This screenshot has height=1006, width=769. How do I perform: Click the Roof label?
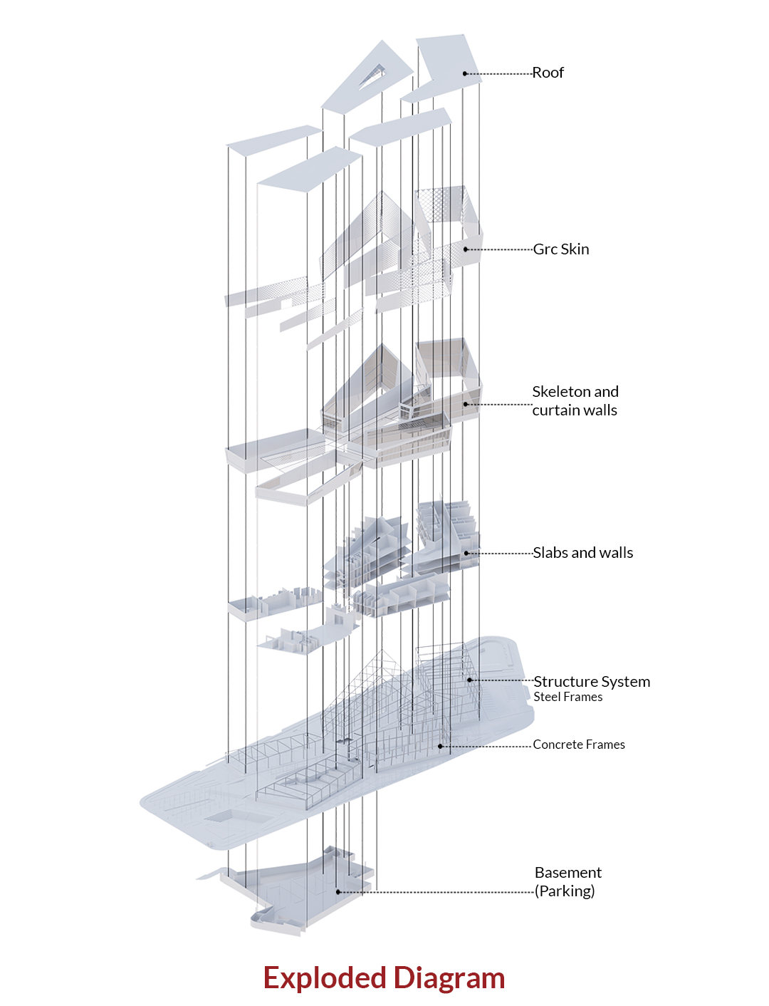coord(548,73)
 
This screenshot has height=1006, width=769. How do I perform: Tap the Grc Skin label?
coord(561,249)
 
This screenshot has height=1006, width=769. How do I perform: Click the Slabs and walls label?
coord(583,553)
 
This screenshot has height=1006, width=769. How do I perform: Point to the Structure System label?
coord(592,682)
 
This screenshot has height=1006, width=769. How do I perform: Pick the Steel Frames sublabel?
coord(568,697)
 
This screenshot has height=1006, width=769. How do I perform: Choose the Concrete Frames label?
coord(579,745)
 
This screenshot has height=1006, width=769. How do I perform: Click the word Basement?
coord(568,872)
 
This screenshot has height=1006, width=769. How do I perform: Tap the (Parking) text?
coord(565,891)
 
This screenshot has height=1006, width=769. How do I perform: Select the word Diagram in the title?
coord(449,978)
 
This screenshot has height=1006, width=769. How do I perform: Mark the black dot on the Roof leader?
coord(464,73)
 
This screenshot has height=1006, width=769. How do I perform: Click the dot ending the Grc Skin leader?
coord(466,249)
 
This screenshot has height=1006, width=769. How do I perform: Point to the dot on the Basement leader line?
coord(338,892)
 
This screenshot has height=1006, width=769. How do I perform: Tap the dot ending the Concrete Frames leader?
coord(440,746)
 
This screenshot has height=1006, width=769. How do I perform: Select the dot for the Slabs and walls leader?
coord(466,553)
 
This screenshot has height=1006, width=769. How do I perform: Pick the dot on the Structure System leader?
coord(469,680)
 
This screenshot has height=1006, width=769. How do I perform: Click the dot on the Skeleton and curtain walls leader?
coord(466,404)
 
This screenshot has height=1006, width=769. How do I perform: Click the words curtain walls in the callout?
coord(575,410)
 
